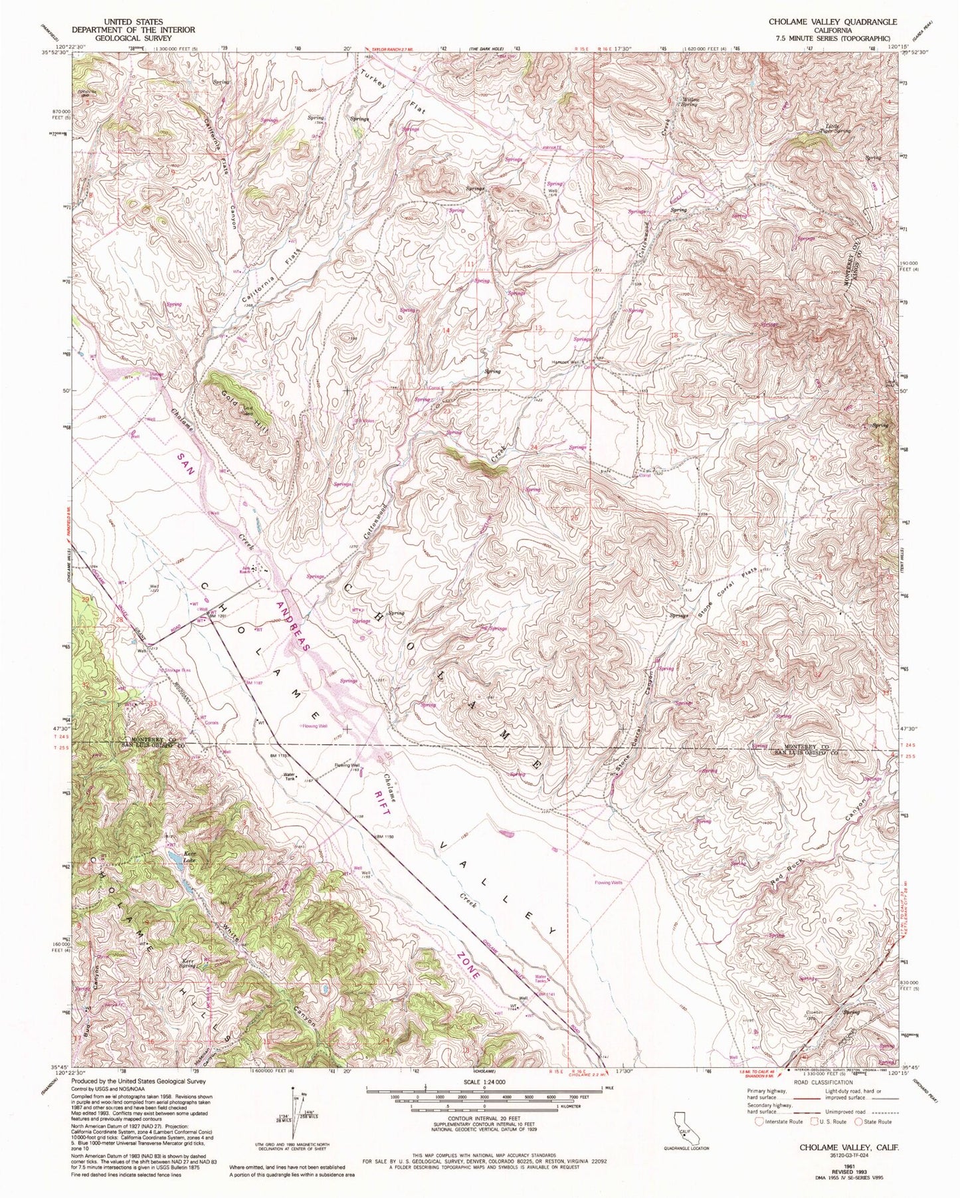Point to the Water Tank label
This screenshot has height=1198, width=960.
289,776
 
